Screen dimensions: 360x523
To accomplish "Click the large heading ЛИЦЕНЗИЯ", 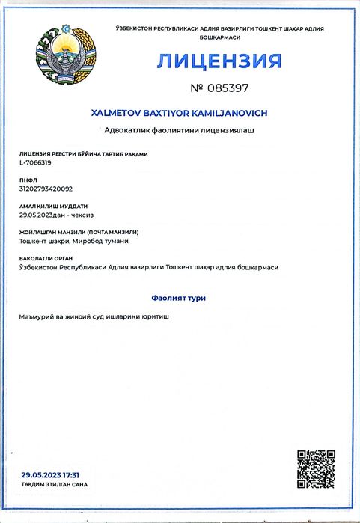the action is [219, 61].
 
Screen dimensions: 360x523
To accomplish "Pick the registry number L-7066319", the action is [35, 162].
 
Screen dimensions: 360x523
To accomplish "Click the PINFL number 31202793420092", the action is [46, 189].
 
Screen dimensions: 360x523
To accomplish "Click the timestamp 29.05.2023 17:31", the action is [51, 474].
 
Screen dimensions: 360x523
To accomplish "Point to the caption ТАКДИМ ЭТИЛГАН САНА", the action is [54, 484].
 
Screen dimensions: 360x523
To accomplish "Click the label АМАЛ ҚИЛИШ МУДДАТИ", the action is [53, 206].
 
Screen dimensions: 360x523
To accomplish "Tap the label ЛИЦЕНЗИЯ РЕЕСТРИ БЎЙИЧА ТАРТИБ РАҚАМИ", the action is [84, 154].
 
